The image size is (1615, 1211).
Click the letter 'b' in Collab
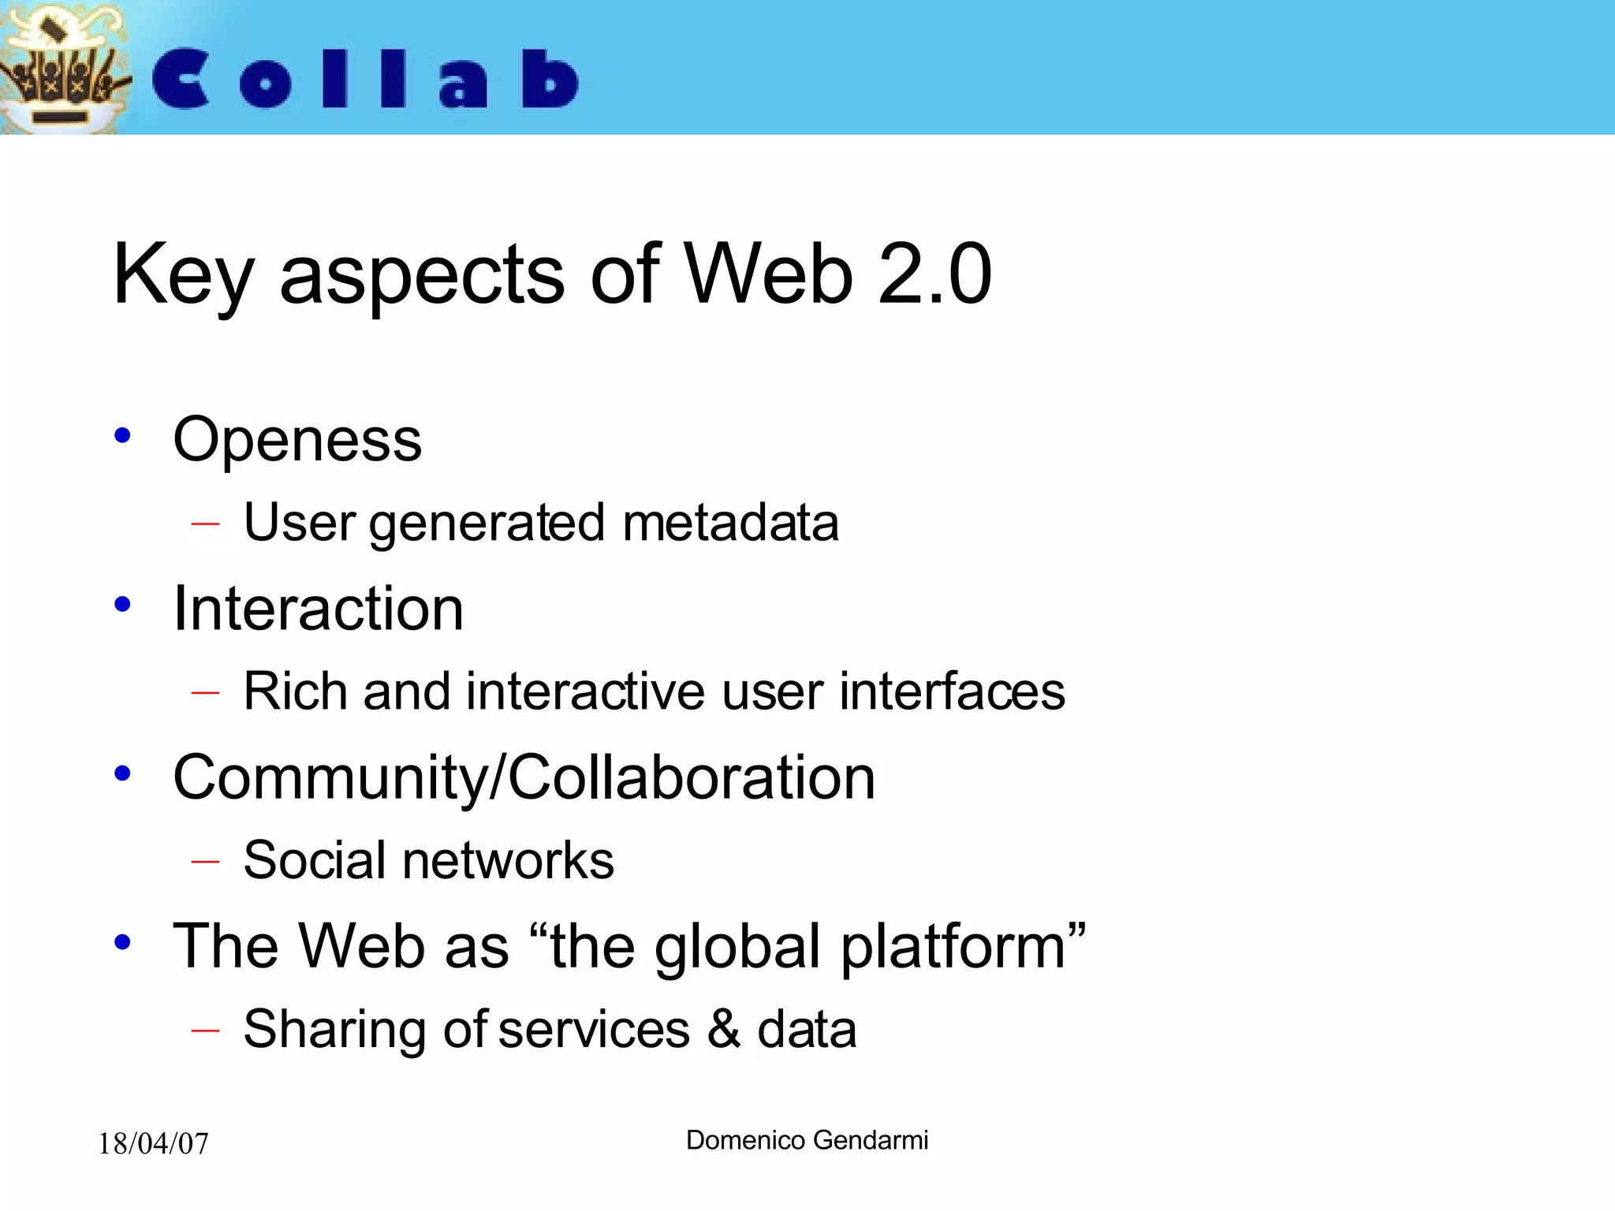(x=550, y=79)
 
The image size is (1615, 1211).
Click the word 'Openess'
(x=297, y=440)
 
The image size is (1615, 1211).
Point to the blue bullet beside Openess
(x=122, y=435)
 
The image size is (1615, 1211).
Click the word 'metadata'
(x=730, y=523)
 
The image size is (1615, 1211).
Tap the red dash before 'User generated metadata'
(x=205, y=523)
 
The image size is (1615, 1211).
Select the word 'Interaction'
(x=319, y=609)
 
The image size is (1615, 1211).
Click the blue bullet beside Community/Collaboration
(x=122, y=773)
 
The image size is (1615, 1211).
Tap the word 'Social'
(x=315, y=860)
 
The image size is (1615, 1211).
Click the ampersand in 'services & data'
(x=723, y=1030)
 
